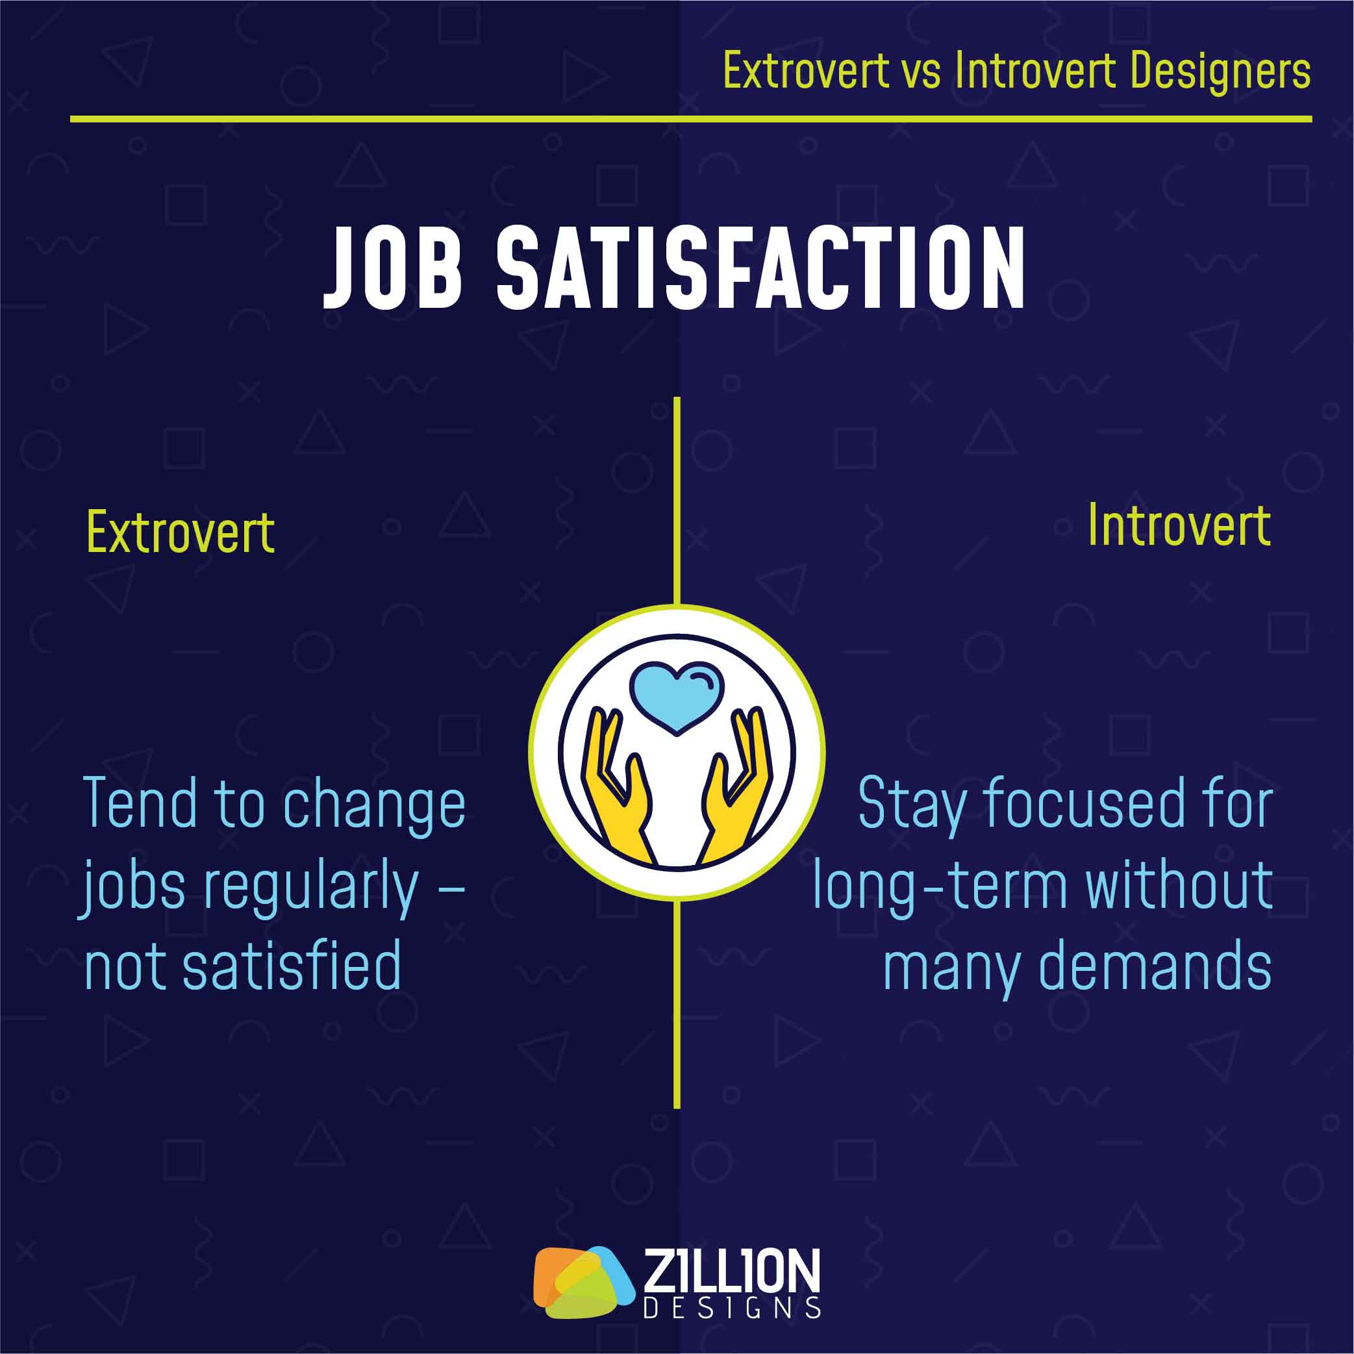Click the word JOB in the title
click(392, 268)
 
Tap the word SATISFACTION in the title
click(761, 268)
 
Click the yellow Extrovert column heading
click(180, 533)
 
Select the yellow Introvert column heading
click(1179, 525)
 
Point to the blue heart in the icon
click(676, 697)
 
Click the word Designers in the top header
click(1220, 71)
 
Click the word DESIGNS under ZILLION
click(732, 1309)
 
